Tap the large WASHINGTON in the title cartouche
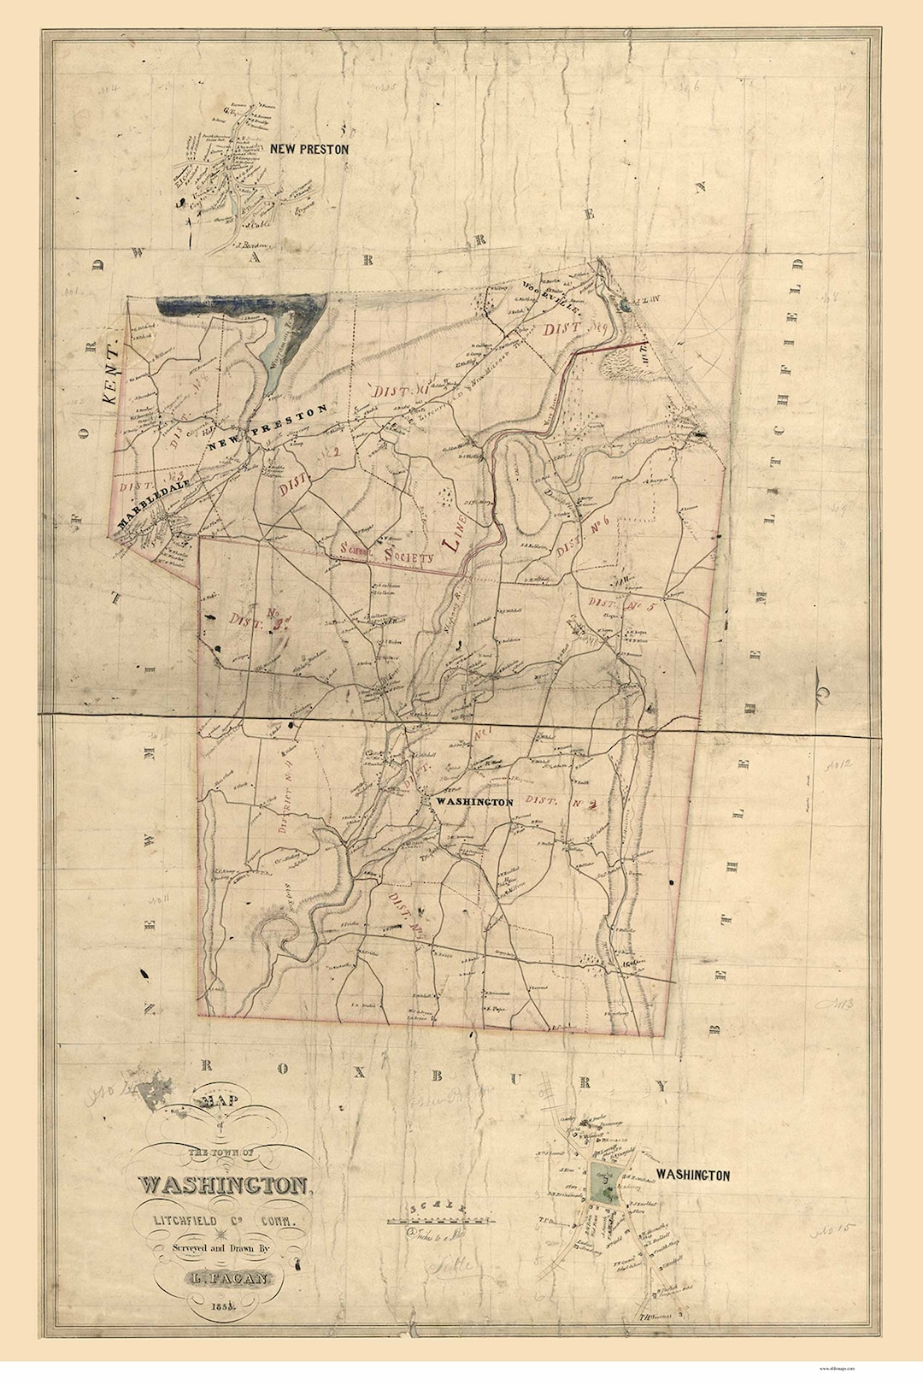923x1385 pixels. click(x=224, y=1186)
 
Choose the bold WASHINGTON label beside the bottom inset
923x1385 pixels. click(x=692, y=1176)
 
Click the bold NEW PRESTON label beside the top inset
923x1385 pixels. click(x=309, y=149)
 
